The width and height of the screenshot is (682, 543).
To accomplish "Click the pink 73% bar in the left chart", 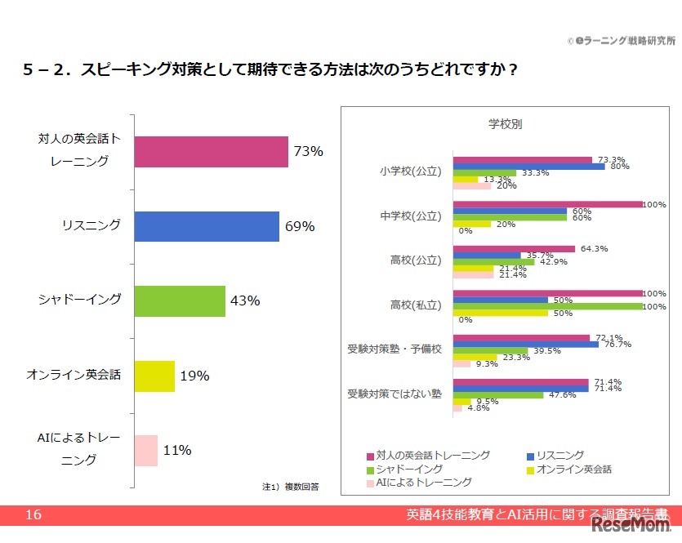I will pyautogui.click(x=211, y=151).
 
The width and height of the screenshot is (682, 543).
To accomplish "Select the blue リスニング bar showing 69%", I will pyautogui.click(x=207, y=226).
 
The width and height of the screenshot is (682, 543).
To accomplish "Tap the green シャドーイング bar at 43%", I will pyautogui.click(x=179, y=300).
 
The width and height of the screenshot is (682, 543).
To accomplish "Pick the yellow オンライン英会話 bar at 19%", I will pyautogui.click(x=154, y=376).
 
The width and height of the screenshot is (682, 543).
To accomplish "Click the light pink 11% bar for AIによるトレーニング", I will pyautogui.click(x=145, y=451).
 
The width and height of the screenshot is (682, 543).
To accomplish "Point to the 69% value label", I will pyautogui.click(x=299, y=227).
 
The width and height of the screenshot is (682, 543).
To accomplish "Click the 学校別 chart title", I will pyautogui.click(x=506, y=124).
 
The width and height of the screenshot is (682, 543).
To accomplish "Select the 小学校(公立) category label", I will pyautogui.click(x=411, y=172).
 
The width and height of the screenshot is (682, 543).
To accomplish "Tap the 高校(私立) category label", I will pyautogui.click(x=417, y=305).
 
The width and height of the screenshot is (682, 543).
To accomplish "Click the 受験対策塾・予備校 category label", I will pyautogui.click(x=394, y=349).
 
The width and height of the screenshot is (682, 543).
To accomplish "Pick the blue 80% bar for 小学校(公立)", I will pyautogui.click(x=528, y=167).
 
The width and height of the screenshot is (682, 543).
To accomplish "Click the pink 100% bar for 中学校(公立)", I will pyautogui.click(x=548, y=204).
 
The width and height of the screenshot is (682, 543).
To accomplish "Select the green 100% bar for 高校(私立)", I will pyautogui.click(x=548, y=306).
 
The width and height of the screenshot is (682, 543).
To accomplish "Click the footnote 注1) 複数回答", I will pyautogui.click(x=290, y=487).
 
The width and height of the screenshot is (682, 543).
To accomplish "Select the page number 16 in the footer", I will pyautogui.click(x=33, y=514).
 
